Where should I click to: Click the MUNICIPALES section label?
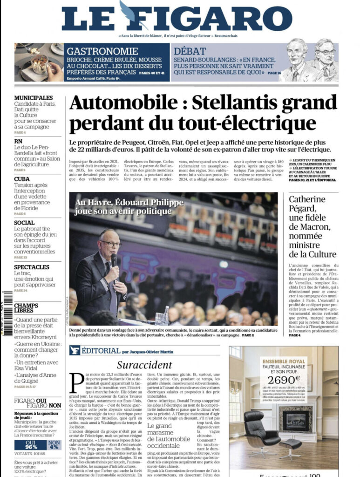tap(33, 97)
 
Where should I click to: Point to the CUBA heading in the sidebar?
tap(22, 179)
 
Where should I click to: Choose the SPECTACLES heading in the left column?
tap(32, 267)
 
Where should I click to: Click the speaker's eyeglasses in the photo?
tap(110, 244)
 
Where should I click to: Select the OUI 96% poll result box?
tap(30, 445)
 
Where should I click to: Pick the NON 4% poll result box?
tap(54, 445)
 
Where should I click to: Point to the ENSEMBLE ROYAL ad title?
tap(283, 361)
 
